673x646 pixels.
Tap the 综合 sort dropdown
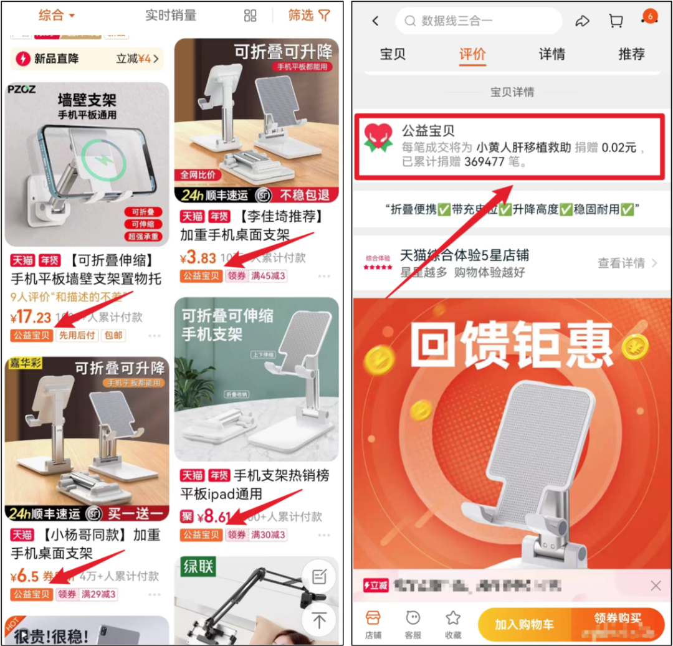pyautogui.click(x=56, y=16)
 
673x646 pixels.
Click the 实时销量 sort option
pyautogui.click(x=171, y=16)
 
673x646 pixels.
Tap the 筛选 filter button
pyautogui.click(x=309, y=16)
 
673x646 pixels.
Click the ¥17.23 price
pyautogui.click(x=31, y=318)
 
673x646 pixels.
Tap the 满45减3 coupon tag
pyautogui.click(x=268, y=276)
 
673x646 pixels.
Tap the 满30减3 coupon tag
pyautogui.click(x=268, y=534)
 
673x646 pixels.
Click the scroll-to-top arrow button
pyautogui.click(x=319, y=620)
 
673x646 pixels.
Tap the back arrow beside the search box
pyautogui.click(x=375, y=21)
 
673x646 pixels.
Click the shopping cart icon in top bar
pyautogui.click(x=616, y=21)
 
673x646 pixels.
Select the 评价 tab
pyautogui.click(x=472, y=54)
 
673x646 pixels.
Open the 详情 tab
pyautogui.click(x=551, y=54)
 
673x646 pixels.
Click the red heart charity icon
pyautogui.click(x=378, y=138)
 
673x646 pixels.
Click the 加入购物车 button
pyautogui.click(x=524, y=624)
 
